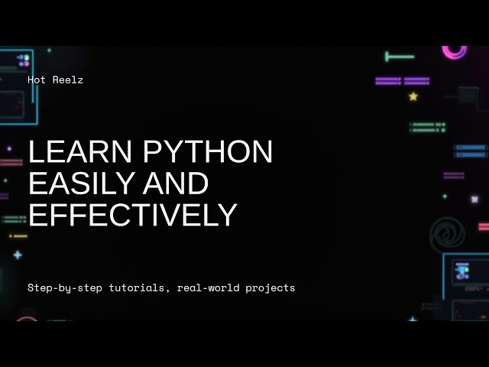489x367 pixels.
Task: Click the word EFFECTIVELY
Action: coord(132,215)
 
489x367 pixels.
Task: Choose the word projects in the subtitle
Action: coord(270,288)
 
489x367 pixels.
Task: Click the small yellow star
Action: coord(413,96)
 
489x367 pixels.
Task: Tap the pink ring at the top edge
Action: coord(455,51)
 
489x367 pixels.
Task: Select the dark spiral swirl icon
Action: coord(448,234)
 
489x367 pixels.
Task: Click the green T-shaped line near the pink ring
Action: coord(399,57)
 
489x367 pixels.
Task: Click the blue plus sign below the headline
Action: coord(18,255)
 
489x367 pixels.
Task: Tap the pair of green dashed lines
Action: coord(427,127)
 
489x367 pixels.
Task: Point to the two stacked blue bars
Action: coord(470,150)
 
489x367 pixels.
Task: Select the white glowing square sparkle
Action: coord(474,200)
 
